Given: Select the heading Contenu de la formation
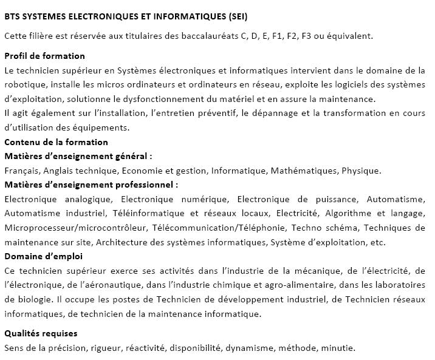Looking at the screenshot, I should tap(56, 142).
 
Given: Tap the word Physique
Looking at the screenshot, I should tap(361, 171).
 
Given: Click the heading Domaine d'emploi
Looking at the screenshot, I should tap(39, 256).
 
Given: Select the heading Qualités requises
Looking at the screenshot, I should tap(41, 334).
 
